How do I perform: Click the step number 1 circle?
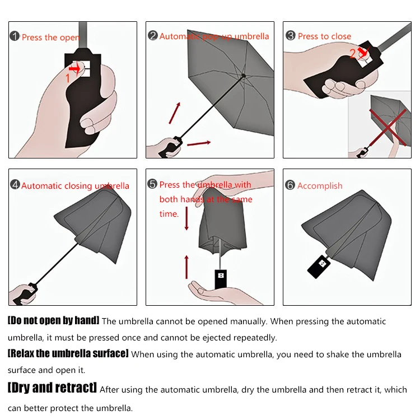(15, 36)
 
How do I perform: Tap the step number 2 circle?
(153, 36)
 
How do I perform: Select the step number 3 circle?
(290, 36)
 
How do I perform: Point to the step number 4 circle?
(15, 185)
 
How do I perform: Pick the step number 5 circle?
(152, 184)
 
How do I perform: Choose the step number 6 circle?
(290, 185)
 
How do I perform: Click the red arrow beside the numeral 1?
(74, 68)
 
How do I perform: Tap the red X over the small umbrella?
(388, 128)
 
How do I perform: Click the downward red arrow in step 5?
(186, 218)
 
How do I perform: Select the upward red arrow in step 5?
(186, 267)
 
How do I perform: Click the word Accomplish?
(320, 185)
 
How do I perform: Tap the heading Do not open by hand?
(54, 320)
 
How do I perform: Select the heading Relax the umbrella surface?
(68, 353)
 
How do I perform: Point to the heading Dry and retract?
(52, 388)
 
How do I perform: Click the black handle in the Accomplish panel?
(319, 267)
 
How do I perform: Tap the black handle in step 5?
(221, 279)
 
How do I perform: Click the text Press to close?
(324, 36)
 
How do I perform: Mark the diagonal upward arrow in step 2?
(175, 113)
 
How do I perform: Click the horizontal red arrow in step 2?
(199, 143)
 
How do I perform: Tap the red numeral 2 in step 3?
(352, 53)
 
